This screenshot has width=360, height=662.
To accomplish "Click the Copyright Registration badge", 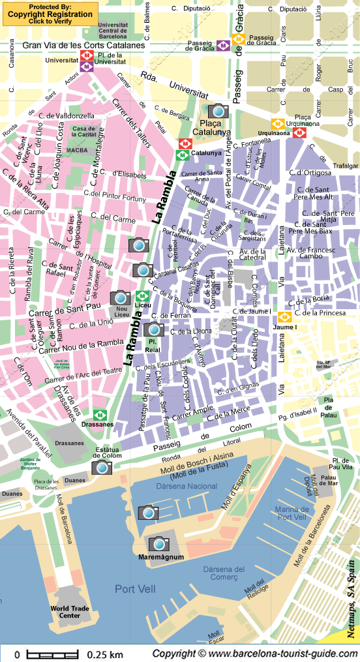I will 50,14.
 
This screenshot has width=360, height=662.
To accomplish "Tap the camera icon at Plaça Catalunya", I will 218,111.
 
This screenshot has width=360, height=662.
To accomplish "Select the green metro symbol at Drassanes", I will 100,415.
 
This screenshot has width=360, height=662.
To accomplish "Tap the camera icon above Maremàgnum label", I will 158,543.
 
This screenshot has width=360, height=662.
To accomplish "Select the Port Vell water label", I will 134,589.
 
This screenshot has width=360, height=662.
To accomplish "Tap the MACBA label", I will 77,150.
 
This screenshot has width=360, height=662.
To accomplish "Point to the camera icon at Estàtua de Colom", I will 102,467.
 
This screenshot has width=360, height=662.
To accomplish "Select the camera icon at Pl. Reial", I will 154,329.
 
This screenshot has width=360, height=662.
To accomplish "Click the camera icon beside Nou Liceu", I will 121,298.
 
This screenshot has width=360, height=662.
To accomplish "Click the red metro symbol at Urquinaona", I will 299,132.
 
